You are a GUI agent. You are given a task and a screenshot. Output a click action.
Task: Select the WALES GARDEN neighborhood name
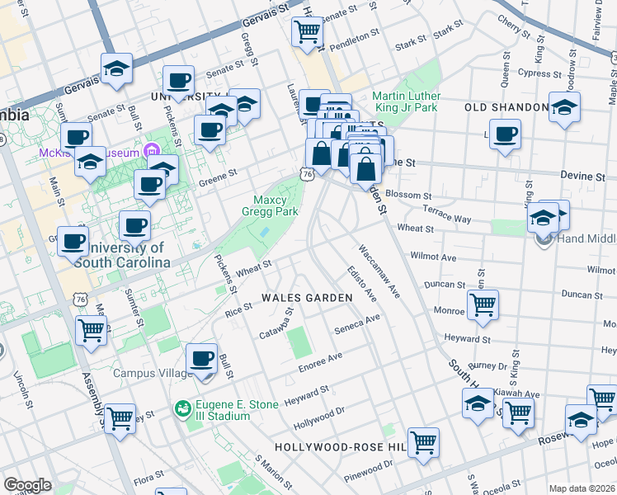click(294, 297)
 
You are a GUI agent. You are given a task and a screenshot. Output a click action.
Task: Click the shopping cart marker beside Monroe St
click(483, 304)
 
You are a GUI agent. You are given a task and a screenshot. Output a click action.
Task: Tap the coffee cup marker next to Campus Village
click(201, 358)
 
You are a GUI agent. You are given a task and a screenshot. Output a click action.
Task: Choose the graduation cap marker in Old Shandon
click(564, 108)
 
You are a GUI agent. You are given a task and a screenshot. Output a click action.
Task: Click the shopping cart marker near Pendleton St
click(307, 31)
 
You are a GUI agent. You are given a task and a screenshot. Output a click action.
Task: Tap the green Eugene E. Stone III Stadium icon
click(183, 408)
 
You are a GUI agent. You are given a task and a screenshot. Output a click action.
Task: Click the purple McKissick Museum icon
click(150, 153)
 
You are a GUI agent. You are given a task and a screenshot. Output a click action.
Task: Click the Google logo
click(28, 484)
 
